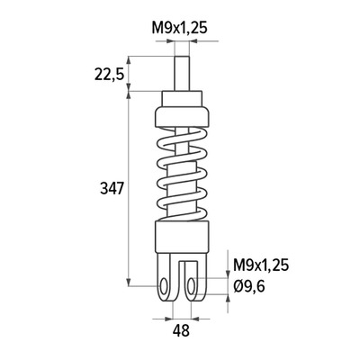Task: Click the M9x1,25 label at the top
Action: (x=179, y=29)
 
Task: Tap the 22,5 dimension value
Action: (x=109, y=75)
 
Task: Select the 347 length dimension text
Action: (x=112, y=189)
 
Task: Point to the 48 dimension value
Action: (x=181, y=331)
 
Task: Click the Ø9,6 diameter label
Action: (x=249, y=287)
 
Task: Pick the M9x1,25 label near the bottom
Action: (x=261, y=265)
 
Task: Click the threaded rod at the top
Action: (x=182, y=73)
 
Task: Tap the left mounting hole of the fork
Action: (x=164, y=286)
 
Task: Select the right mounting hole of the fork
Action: (x=191, y=286)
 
